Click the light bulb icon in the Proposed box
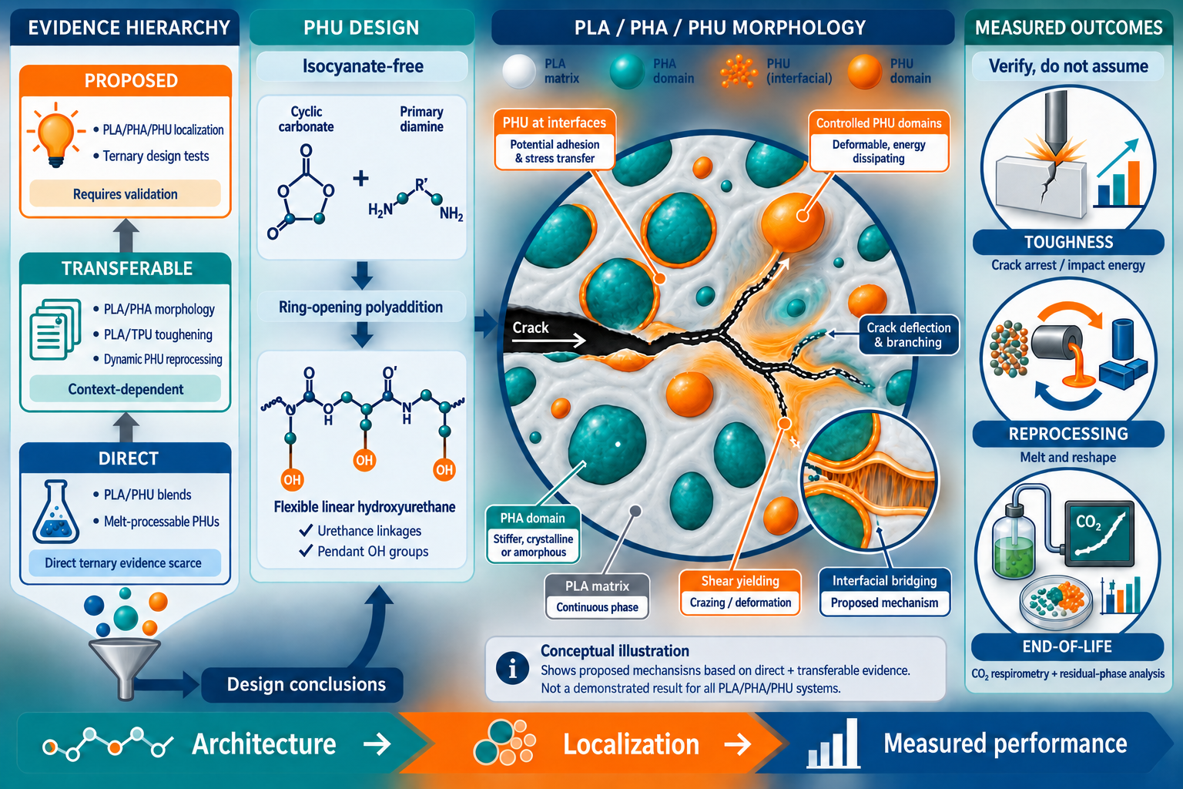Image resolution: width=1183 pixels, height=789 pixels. coord(56,136)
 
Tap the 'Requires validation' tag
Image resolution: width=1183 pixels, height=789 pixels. coord(126,194)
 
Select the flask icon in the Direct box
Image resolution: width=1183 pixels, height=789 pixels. coord(56,512)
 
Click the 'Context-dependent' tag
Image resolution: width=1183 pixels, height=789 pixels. coord(126,389)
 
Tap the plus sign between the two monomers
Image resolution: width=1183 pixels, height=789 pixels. coord(360,179)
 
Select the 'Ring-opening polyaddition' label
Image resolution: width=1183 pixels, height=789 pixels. coord(361,307)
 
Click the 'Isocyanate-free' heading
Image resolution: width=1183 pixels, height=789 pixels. coord(362,66)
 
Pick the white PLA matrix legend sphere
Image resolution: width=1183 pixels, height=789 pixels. coord(519,72)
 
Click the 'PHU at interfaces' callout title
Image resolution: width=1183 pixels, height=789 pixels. coord(555,123)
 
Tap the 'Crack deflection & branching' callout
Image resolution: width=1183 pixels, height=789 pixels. coord(908,335)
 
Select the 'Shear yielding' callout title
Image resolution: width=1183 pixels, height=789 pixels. coord(740,581)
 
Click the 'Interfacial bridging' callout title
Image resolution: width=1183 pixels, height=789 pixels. coord(885,581)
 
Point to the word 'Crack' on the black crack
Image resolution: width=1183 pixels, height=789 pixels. coord(530,327)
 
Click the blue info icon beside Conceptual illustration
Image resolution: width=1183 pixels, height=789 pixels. coord(512,669)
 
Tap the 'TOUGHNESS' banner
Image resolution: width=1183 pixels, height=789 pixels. coord(1068,242)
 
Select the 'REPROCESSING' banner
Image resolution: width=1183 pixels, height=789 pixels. coord(1068,434)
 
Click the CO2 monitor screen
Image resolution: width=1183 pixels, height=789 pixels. coord(1099,532)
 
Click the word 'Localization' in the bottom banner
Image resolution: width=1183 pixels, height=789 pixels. coord(631,744)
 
